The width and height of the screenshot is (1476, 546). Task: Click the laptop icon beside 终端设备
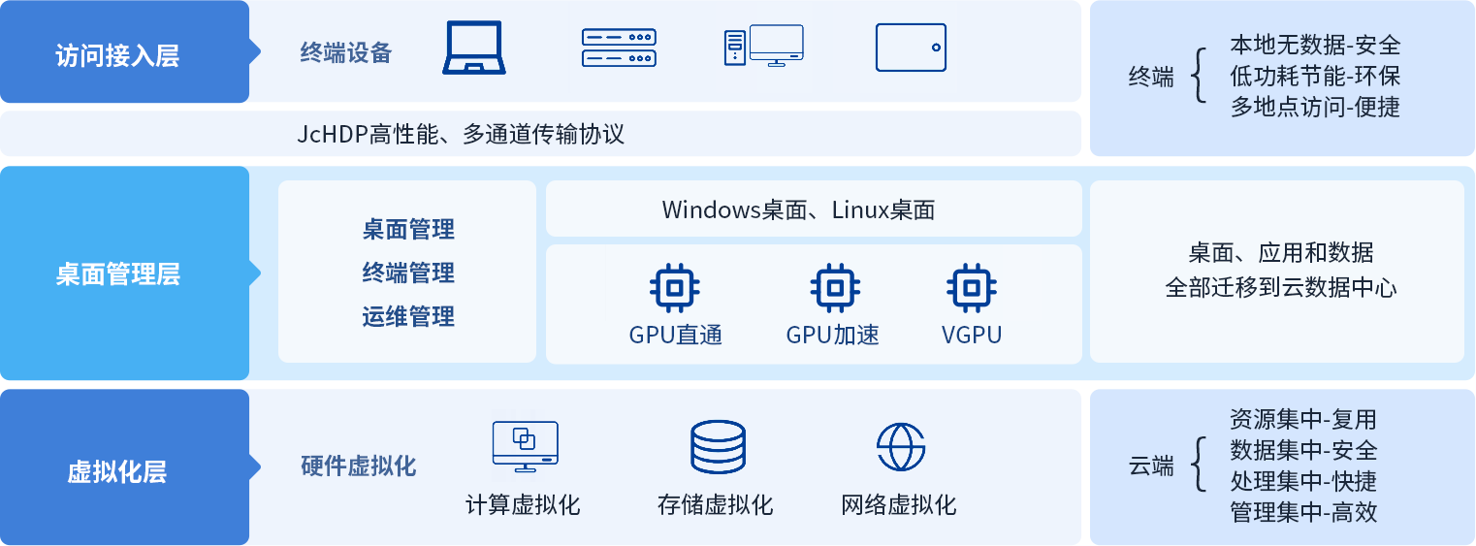click(x=474, y=48)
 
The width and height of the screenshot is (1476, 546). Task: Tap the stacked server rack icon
click(x=619, y=48)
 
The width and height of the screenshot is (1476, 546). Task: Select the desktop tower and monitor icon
click(x=763, y=47)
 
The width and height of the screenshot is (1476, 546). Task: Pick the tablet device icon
click(x=911, y=48)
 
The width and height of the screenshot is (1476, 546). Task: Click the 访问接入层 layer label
click(x=117, y=54)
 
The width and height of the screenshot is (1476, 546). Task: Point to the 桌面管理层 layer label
click(x=117, y=274)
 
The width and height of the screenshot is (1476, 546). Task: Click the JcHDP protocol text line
click(x=461, y=134)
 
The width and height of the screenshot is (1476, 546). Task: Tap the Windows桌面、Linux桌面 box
click(x=813, y=209)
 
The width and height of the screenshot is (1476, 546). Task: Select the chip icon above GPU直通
click(x=675, y=287)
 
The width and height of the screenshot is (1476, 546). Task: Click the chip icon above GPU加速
click(x=833, y=287)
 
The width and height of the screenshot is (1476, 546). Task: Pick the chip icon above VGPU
click(x=971, y=287)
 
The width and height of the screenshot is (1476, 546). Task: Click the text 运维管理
click(x=408, y=316)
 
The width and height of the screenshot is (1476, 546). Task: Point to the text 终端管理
click(x=408, y=273)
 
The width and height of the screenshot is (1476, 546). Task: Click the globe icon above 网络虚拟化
click(x=901, y=446)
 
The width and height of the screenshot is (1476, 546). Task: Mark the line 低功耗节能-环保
click(x=1315, y=76)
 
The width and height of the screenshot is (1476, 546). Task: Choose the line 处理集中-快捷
click(x=1303, y=481)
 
